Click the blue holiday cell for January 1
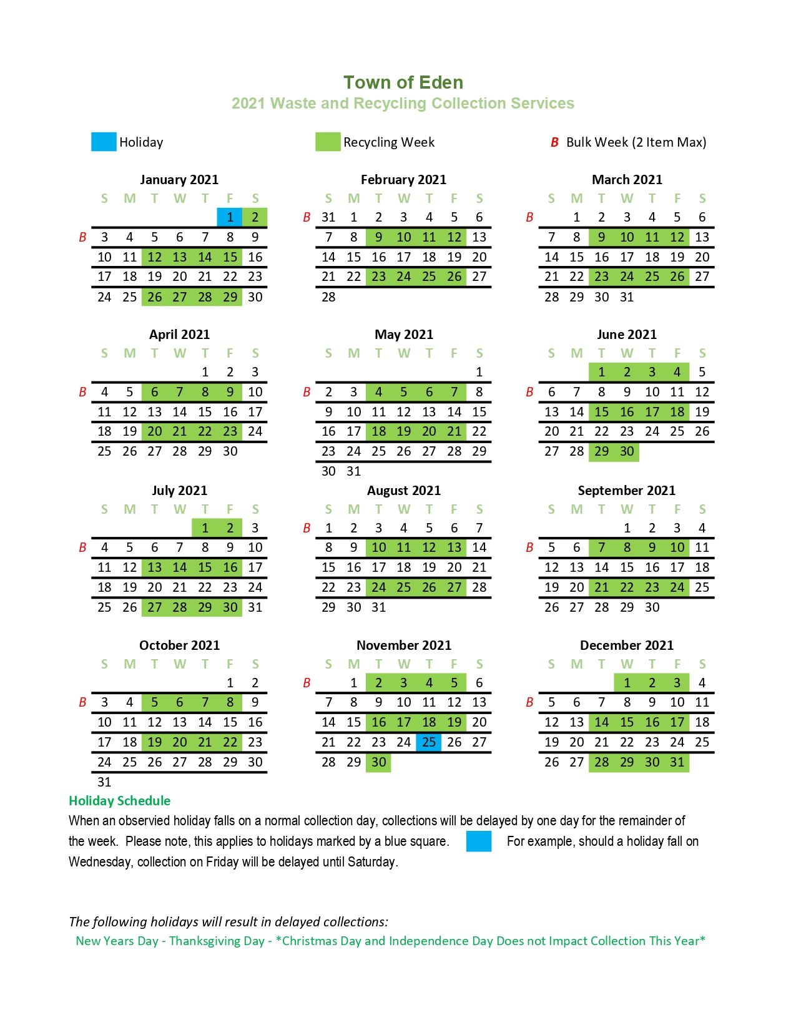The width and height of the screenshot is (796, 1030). coord(230,217)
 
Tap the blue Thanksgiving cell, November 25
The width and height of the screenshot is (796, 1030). coord(429,742)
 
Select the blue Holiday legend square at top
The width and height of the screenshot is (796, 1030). coord(104,142)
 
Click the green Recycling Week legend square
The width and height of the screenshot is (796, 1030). coord(328,142)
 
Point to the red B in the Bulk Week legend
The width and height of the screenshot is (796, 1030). coord(554,142)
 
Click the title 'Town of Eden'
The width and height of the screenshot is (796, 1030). coord(403,82)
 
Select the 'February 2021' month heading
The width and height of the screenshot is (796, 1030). coord(403,180)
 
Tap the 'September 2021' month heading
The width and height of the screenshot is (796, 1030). coord(626,491)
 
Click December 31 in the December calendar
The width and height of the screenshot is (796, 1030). coord(677,762)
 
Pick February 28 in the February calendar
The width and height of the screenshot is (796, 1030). coord(328,297)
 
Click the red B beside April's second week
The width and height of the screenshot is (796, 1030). coord(82,392)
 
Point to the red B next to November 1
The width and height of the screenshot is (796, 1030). coord(307,683)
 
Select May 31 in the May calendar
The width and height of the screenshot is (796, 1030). coord(354,471)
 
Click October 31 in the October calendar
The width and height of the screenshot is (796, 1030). coord(104,782)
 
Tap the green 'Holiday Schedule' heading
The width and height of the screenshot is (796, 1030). coord(119,801)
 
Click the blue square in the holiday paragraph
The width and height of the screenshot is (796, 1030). coord(479,841)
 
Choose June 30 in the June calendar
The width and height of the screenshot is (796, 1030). coord(627,451)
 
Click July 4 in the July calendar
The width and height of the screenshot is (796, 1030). coord(104,547)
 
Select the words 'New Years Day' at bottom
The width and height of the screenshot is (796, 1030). coord(117,941)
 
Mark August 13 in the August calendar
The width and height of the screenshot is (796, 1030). coord(454,547)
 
